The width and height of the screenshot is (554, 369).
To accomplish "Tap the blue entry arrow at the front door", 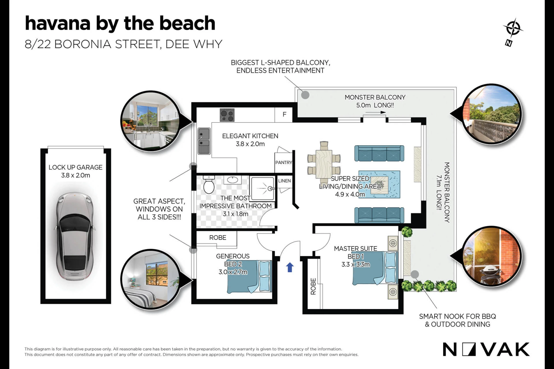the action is [290, 267].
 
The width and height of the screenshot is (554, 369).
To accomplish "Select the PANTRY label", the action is [284, 162].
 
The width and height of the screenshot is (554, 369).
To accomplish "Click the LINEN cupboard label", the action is [284, 181].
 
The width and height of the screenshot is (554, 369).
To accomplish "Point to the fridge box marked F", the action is [284, 115].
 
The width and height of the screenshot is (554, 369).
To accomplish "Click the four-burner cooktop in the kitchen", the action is [227, 115].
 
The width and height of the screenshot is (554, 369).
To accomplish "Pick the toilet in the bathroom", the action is [209, 184].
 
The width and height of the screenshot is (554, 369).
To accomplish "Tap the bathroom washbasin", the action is [233, 180].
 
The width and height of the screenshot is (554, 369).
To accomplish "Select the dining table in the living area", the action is [324, 163].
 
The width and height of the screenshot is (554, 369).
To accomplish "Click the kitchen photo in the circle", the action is [151, 121].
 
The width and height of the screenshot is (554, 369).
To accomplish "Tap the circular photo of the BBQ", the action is [492, 256].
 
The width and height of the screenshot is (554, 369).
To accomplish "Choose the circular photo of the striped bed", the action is [151, 279].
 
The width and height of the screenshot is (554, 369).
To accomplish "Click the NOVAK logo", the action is [486, 349].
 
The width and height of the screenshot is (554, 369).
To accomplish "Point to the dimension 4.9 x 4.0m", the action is [350, 194].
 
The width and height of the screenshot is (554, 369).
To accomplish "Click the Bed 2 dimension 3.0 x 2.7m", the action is [233, 272].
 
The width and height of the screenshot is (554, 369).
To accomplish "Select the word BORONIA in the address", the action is [83, 44].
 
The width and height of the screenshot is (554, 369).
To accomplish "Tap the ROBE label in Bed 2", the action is [218, 238].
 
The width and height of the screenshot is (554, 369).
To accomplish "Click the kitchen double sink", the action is [204, 141].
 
